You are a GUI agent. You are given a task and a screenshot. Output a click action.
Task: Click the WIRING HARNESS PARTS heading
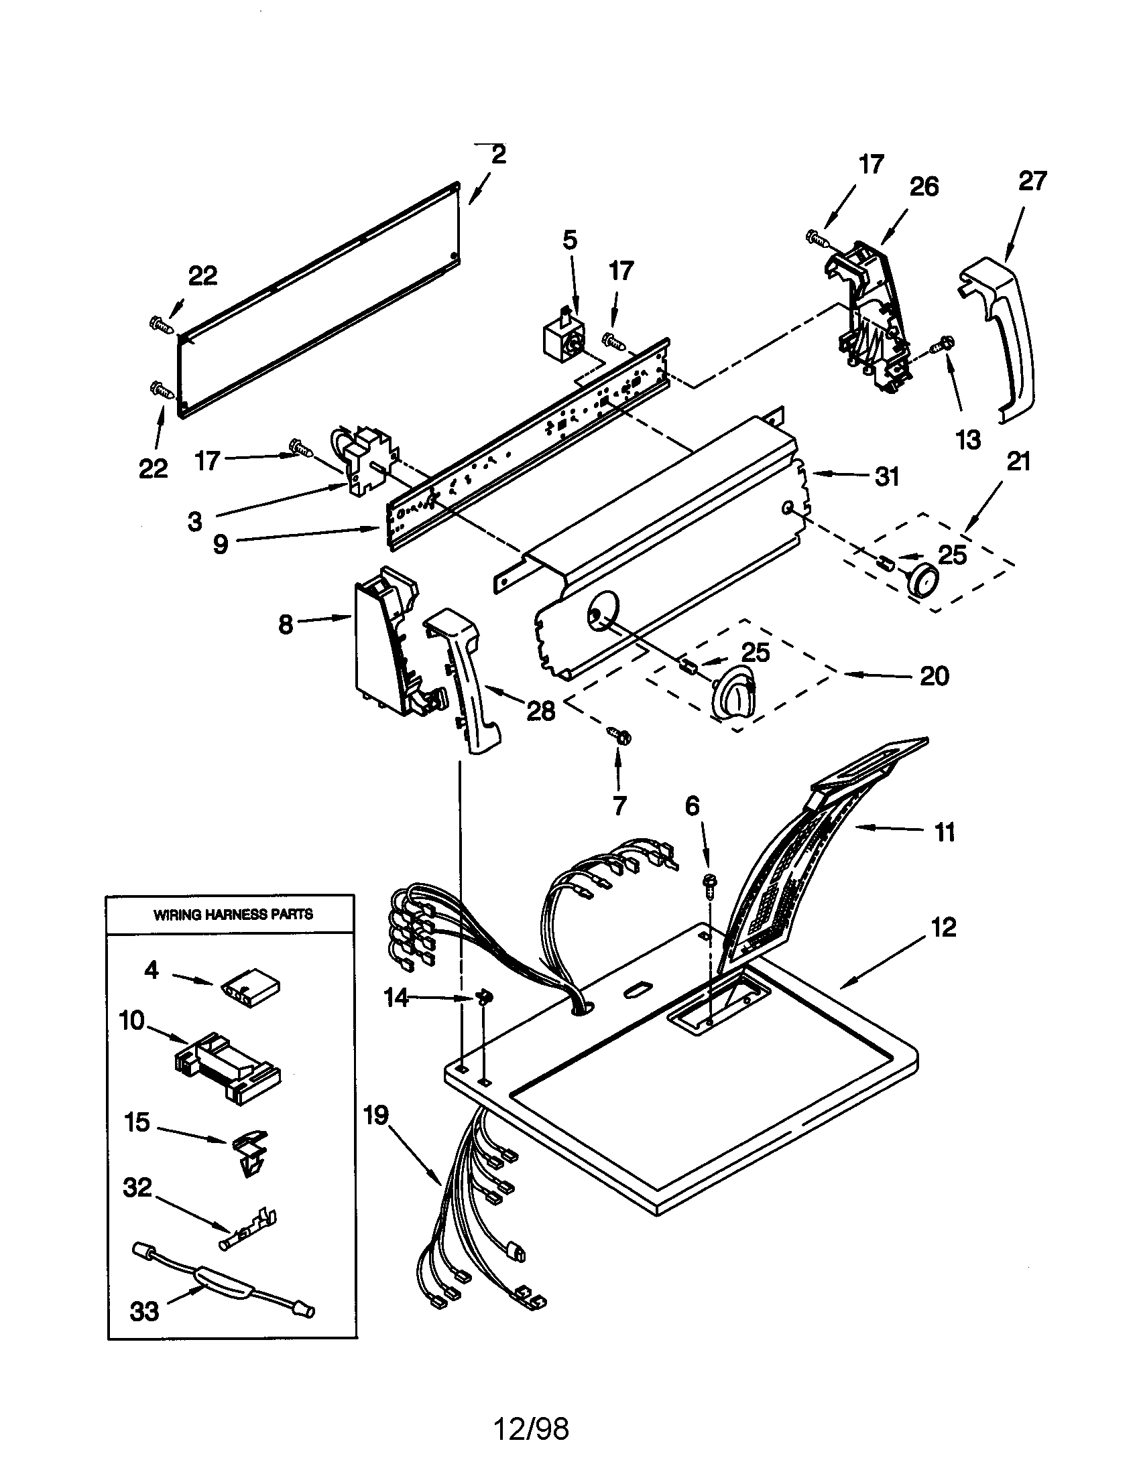point(233,915)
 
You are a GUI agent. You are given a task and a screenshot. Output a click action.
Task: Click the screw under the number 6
point(709,884)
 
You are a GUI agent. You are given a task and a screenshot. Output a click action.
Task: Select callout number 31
point(887,476)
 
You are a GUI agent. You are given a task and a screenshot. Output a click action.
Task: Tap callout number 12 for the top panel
point(944,927)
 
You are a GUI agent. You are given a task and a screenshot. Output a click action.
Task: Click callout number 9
point(221,544)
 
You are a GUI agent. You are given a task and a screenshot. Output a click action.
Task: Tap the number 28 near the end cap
point(540,711)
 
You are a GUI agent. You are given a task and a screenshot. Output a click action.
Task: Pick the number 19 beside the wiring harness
point(376,1115)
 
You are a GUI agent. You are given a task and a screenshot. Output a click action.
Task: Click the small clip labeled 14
point(484,997)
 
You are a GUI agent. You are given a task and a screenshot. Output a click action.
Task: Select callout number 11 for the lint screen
point(945,831)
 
